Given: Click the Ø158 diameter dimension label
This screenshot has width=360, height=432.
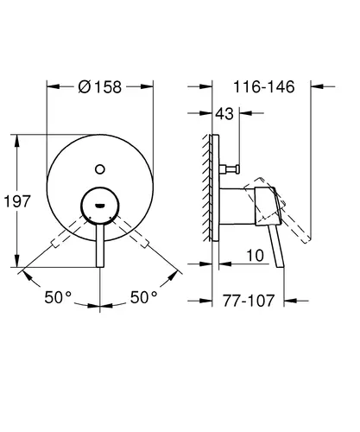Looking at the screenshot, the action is (100, 86).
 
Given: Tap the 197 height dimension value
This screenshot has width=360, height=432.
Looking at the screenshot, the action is (17, 201).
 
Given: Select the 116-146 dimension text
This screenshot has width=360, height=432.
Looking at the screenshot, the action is (264, 86).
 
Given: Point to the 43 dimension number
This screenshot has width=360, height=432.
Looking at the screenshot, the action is (224, 114).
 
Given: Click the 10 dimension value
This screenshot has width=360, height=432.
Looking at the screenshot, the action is (255, 256).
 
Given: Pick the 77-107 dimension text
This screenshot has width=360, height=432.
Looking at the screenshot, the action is (249, 301).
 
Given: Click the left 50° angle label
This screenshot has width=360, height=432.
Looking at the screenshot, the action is (58, 297).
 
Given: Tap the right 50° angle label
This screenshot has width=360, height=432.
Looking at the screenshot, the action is (144, 297).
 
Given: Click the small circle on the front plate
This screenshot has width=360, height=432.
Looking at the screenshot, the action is (100, 169).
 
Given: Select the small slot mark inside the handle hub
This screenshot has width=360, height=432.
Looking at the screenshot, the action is (100, 206).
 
